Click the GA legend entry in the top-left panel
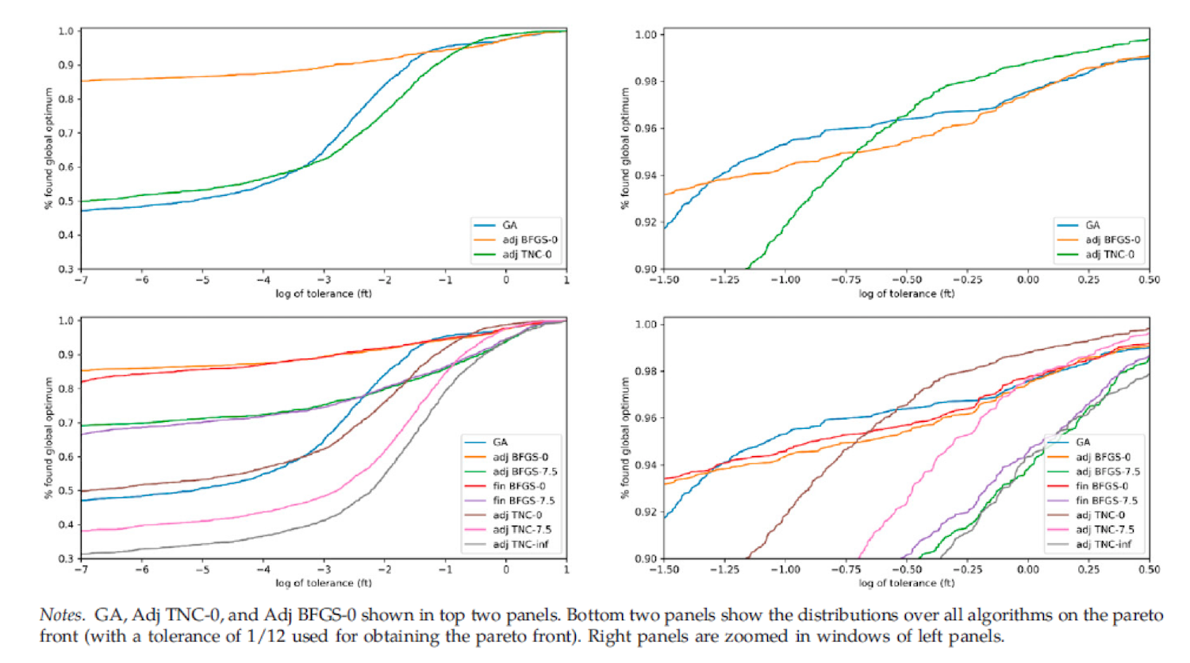(x=509, y=225)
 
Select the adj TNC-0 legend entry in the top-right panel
(x=1109, y=255)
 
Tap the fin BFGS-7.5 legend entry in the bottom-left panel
(x=523, y=500)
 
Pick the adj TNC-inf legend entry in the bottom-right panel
(x=1104, y=544)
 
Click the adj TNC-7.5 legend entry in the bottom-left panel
(x=521, y=530)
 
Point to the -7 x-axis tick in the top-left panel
(x=81, y=280)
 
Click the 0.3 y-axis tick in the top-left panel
(x=65, y=269)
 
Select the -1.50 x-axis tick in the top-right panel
(x=664, y=280)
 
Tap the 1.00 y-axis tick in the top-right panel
(x=646, y=35)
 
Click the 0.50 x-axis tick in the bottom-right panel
(x=1149, y=569)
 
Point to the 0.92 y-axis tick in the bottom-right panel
(x=646, y=512)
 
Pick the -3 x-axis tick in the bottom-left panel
(x=324, y=569)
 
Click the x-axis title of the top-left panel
(x=324, y=293)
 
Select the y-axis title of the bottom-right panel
(x=625, y=438)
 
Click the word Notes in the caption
(x=61, y=615)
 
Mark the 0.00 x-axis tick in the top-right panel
(x=1027, y=280)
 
